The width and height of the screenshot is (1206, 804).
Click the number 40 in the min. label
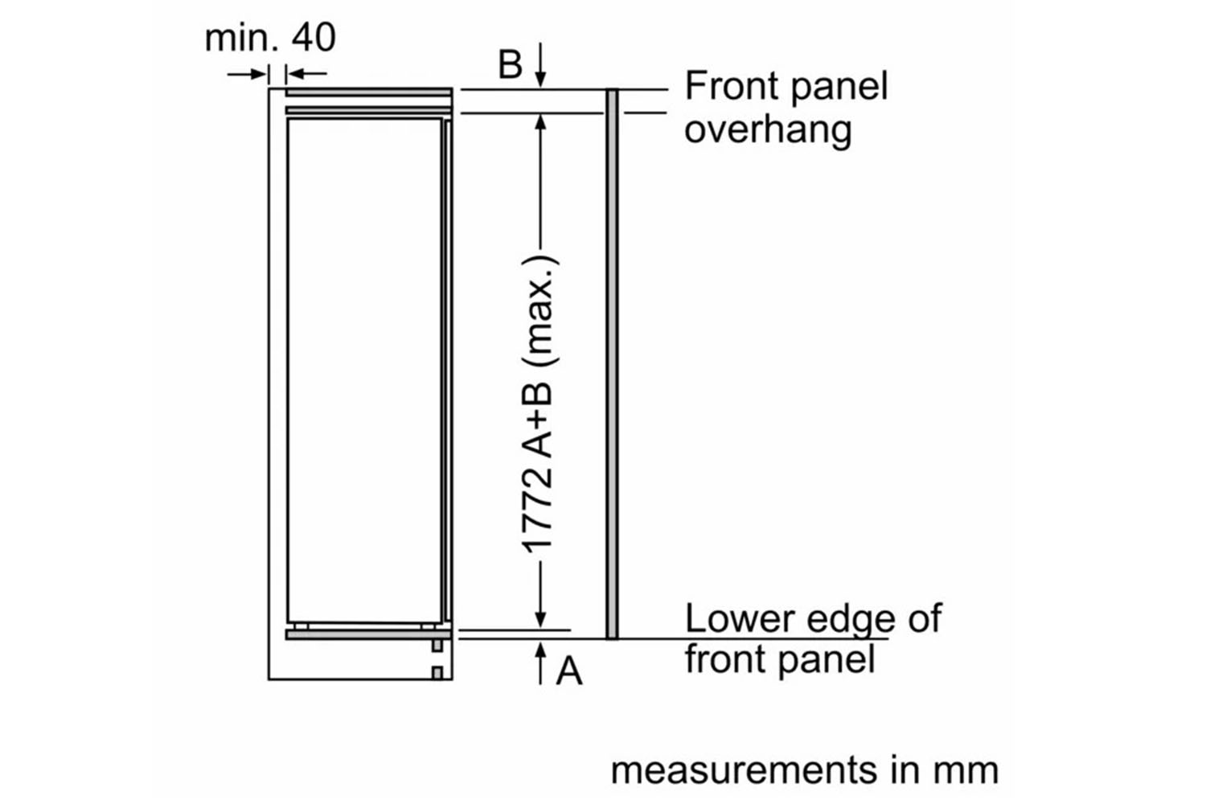coord(314,38)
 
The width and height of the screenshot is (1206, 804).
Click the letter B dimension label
coord(510,64)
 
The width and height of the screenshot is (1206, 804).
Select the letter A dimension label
coord(569,670)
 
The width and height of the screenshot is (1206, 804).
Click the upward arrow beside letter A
coord(541,662)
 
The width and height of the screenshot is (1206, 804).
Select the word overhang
coord(767,130)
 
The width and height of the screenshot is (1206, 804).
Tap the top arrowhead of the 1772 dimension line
coord(541,122)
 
